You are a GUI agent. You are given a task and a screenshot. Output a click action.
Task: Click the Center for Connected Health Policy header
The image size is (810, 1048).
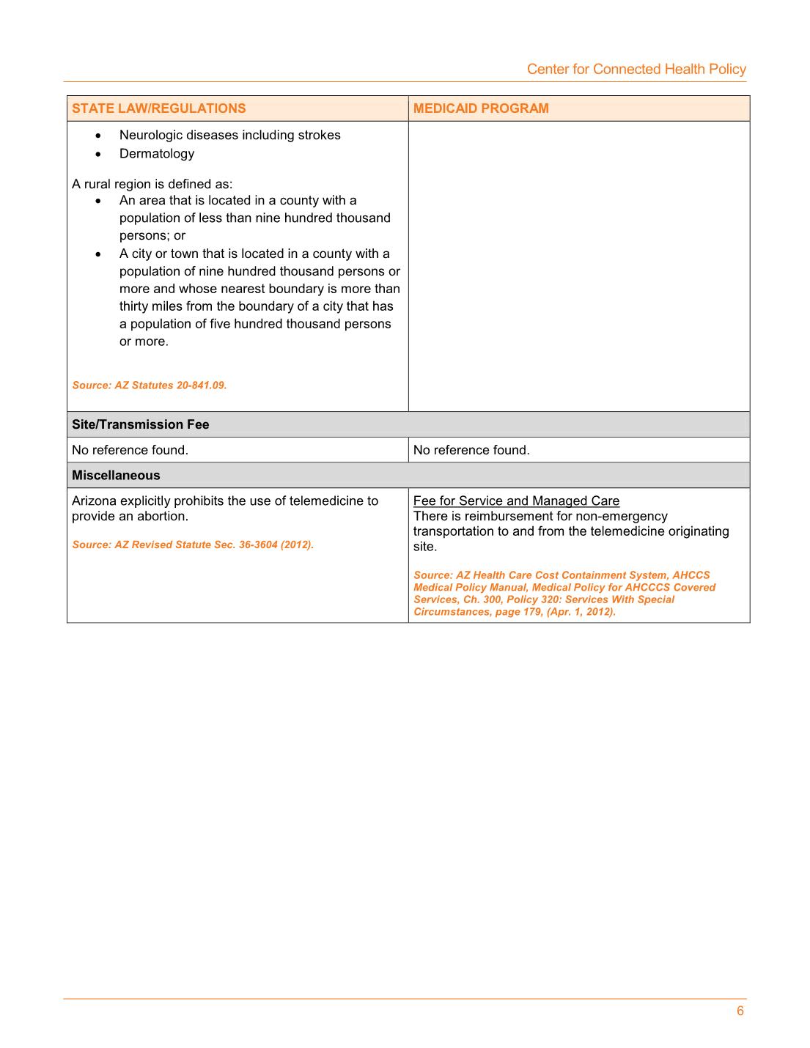coord(636,69)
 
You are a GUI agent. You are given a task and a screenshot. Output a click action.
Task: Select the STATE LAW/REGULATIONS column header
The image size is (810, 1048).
coord(158,108)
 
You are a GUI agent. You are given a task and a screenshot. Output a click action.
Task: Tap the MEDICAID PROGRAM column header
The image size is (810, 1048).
coord(480,108)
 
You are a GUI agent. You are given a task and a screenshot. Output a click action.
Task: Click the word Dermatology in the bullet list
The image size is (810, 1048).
coord(157,153)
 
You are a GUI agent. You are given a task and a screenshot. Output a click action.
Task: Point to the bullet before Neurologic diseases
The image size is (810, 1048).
coord(98,136)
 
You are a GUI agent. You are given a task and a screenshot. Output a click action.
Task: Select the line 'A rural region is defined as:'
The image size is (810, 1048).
coord(152,184)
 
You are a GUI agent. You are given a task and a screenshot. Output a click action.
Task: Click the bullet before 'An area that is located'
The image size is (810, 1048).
coord(98,201)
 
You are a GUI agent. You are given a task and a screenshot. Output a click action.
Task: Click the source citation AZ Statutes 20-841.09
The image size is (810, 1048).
coord(150,385)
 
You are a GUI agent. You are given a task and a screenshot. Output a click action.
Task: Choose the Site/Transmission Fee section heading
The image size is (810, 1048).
coord(140,424)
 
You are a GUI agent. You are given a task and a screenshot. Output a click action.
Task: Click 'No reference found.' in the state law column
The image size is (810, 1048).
coord(130,450)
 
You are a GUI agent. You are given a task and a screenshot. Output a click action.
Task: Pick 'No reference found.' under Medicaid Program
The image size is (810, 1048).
coord(471,450)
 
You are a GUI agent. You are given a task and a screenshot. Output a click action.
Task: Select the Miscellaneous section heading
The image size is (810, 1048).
coord(116,475)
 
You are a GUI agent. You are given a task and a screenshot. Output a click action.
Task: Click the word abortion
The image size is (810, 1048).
coord(163,516)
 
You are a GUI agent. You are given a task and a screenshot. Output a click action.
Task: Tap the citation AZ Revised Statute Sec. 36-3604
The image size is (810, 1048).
coord(193,545)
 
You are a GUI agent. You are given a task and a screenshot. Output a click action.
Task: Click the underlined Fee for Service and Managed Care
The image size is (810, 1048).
coord(516,501)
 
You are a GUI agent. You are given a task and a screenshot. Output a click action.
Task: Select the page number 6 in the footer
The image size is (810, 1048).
coord(740,1011)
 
